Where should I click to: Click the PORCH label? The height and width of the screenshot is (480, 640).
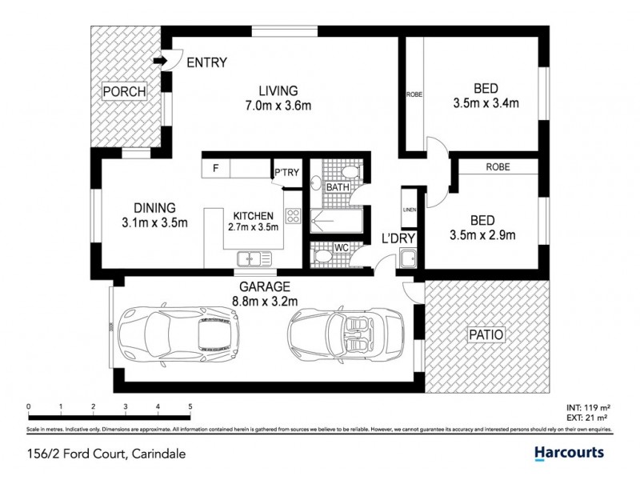(124, 92)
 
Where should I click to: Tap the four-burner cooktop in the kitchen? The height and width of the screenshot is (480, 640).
(292, 215)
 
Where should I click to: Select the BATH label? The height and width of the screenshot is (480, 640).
(338, 188)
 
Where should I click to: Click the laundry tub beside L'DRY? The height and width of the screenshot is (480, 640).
(407, 258)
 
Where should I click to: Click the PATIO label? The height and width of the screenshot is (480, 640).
(487, 336)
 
